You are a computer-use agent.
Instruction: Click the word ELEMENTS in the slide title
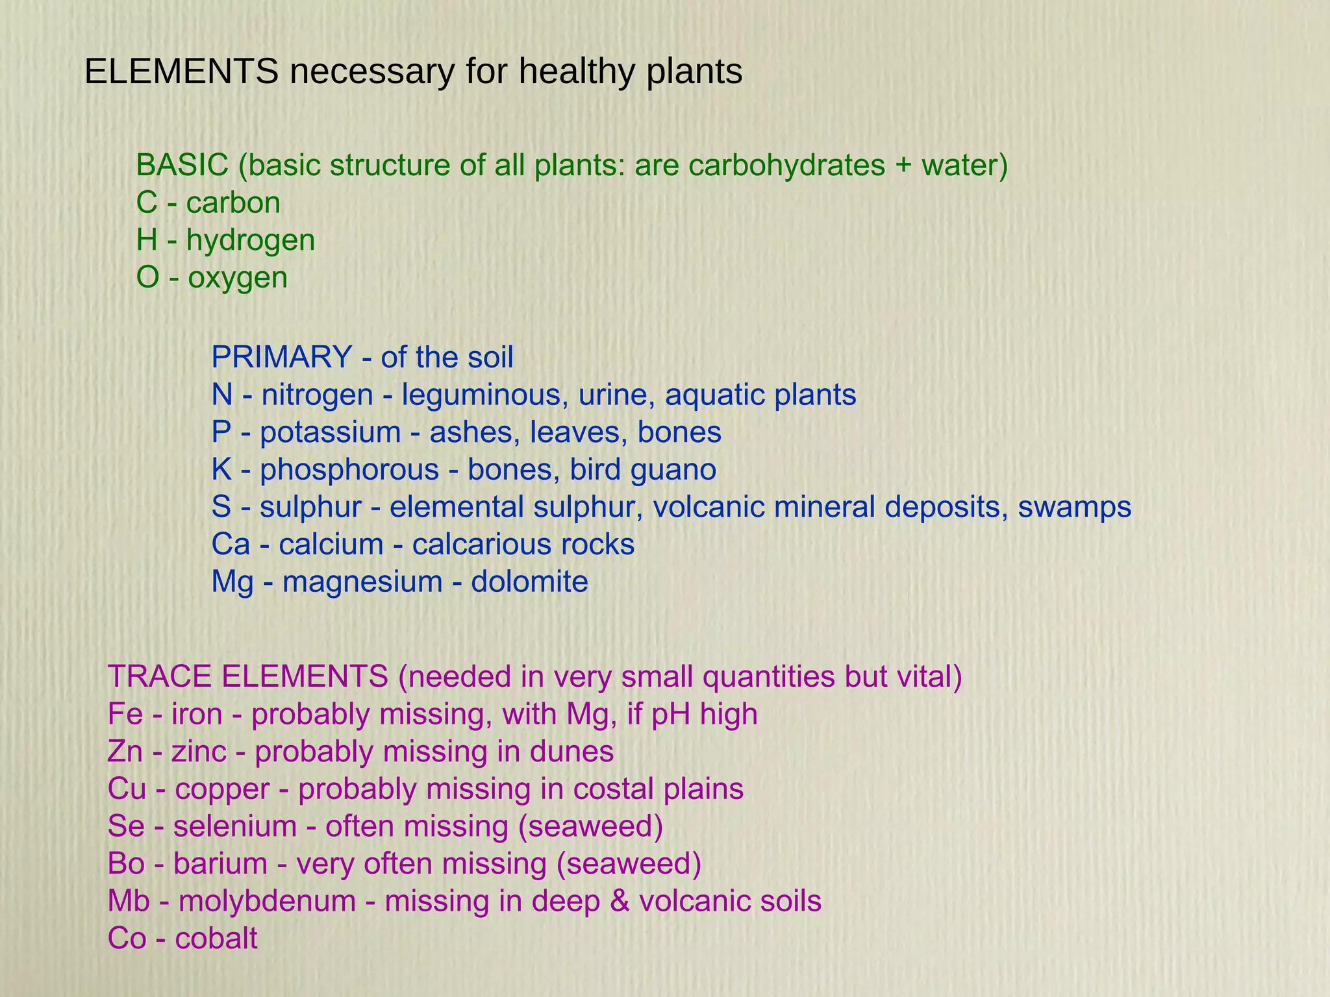pos(181,71)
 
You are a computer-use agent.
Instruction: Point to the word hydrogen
pos(251,240)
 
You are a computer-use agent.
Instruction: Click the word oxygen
pos(238,278)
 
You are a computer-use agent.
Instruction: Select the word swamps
pos(1074,507)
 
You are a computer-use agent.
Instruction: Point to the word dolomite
pos(529,582)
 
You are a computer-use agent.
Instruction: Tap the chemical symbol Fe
pos(125,715)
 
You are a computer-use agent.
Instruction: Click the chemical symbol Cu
pos(127,789)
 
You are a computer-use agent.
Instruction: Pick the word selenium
pos(235,826)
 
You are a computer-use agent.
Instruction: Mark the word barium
pos(220,864)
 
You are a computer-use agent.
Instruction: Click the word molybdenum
pos(267,902)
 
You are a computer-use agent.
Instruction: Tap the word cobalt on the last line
pos(216,939)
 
